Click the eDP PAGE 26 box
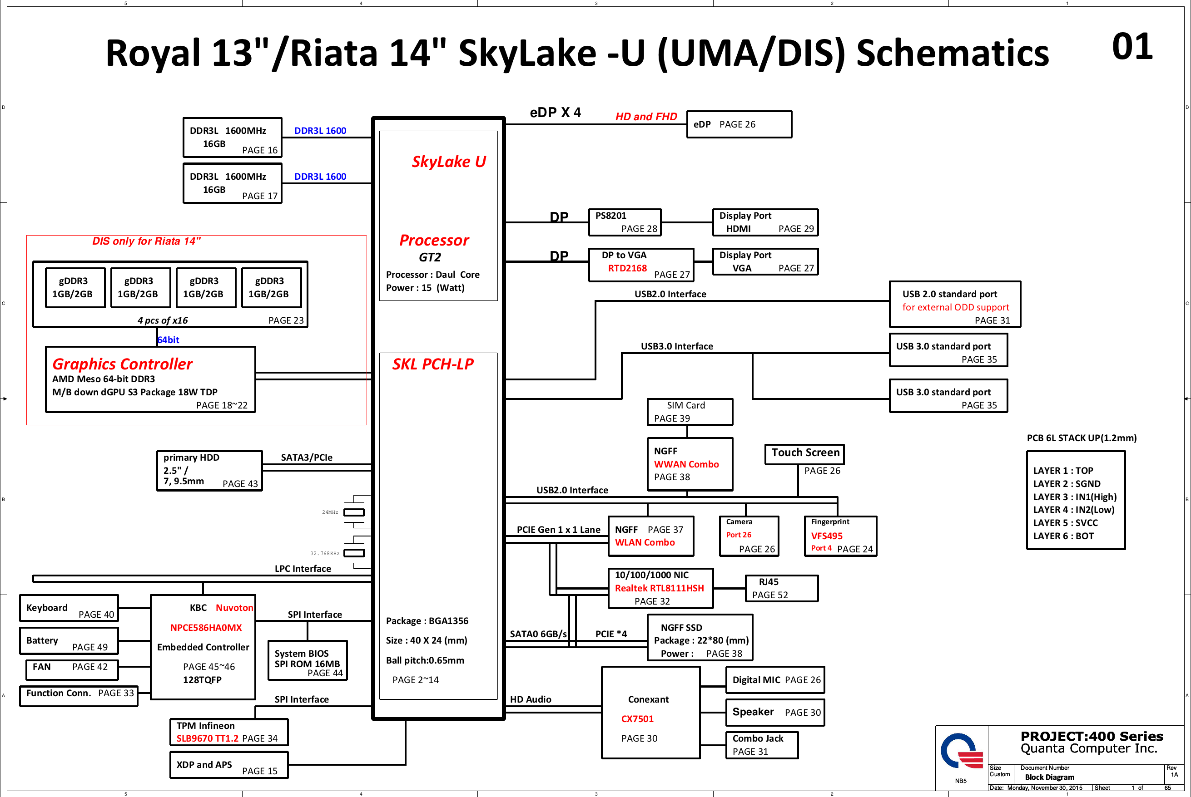(739, 124)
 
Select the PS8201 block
(625, 222)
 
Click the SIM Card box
(690, 412)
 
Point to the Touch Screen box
(804, 454)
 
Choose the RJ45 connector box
(781, 588)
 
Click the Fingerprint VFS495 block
(840, 536)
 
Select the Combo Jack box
(761, 745)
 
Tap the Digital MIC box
(775, 680)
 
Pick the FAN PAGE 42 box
(72, 669)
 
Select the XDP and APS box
(229, 765)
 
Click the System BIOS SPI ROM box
(308, 660)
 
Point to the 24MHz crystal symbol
(354, 512)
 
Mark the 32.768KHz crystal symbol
(354, 553)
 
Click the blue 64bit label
(169, 340)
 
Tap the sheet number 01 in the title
(1132, 47)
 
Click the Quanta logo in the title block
(961, 751)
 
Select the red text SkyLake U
(448, 162)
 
